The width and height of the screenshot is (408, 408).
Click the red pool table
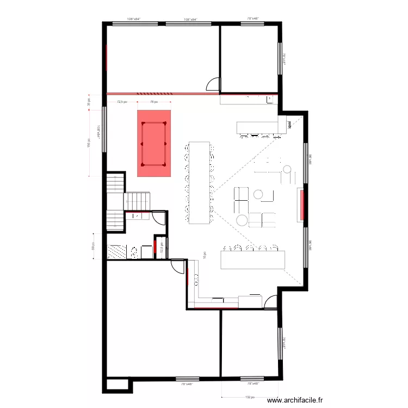(x=154, y=144)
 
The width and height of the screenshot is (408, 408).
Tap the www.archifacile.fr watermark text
(x=295, y=400)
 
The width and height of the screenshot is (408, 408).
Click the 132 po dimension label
(x=250, y=397)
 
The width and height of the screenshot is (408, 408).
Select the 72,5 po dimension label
(x=122, y=102)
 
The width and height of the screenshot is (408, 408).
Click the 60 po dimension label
(x=93, y=246)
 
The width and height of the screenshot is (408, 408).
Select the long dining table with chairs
(x=199, y=182)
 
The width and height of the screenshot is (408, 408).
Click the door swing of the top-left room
(x=213, y=84)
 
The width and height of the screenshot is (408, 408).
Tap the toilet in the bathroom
(x=134, y=251)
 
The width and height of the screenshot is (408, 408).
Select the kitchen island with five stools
(x=253, y=258)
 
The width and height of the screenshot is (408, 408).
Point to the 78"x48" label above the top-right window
(x=254, y=18)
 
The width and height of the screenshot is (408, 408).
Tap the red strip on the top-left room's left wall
(x=106, y=57)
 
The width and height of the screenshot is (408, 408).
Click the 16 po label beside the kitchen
(x=205, y=255)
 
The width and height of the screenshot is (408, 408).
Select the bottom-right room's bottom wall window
(x=251, y=378)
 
